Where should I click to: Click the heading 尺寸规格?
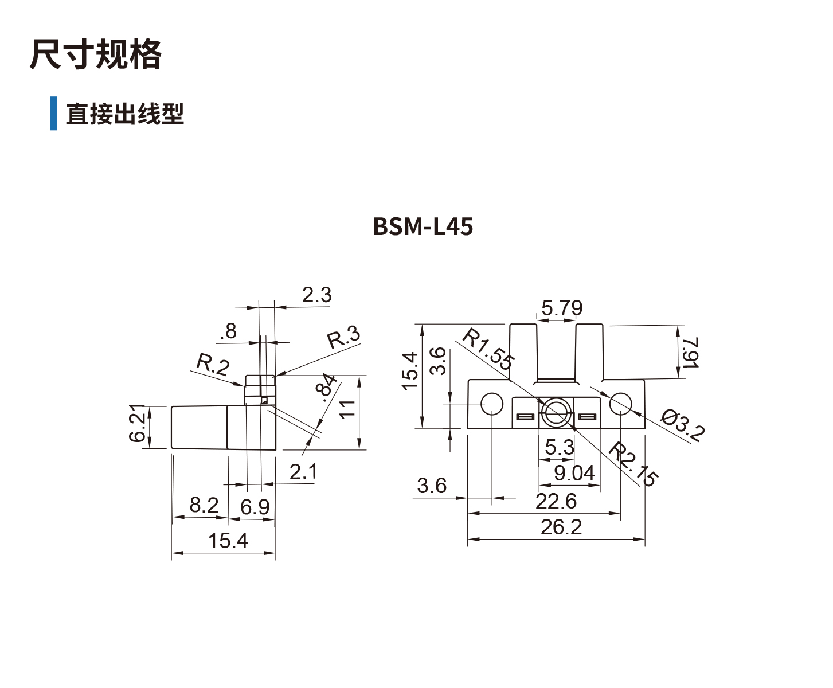tap(95, 55)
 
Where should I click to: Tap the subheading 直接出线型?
tap(124, 114)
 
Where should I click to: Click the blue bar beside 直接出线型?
tap(53, 113)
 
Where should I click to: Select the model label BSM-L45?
tap(423, 227)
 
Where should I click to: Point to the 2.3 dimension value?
tap(316, 295)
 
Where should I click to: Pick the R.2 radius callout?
tap(213, 364)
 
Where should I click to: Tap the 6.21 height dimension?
tap(138, 424)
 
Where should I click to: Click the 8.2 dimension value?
tap(204, 505)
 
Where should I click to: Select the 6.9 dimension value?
tap(255, 507)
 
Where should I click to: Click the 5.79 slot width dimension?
tap(561, 308)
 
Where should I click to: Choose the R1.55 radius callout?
tap(487, 349)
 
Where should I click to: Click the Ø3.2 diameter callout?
tap(681, 425)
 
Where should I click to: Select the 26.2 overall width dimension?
tap(561, 527)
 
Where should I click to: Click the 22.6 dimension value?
tap(556, 502)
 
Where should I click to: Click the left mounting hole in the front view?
tap(492, 404)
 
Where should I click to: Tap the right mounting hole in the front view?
tap(620, 404)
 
